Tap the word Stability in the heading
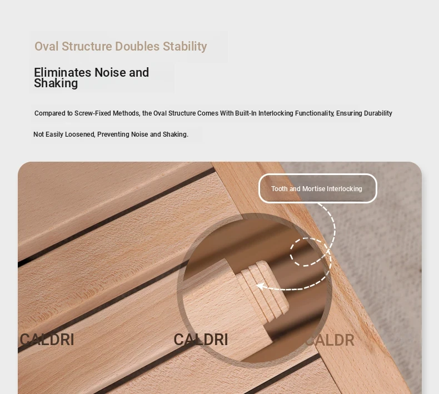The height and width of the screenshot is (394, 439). [x=185, y=47]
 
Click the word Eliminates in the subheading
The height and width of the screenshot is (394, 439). [x=62, y=73]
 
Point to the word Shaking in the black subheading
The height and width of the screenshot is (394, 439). [x=56, y=83]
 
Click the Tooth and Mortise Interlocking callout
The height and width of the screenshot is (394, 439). [x=317, y=188]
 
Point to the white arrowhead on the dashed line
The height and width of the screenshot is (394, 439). [x=260, y=286]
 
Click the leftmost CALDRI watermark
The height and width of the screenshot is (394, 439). [x=47, y=340]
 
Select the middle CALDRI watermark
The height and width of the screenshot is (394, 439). [x=201, y=340]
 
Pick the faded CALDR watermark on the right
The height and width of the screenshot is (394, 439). [x=330, y=340]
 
